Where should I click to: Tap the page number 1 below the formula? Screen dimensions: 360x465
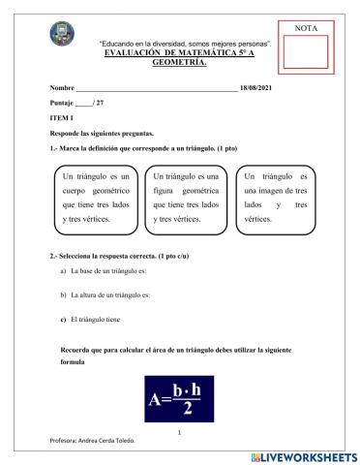(x=180, y=432)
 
